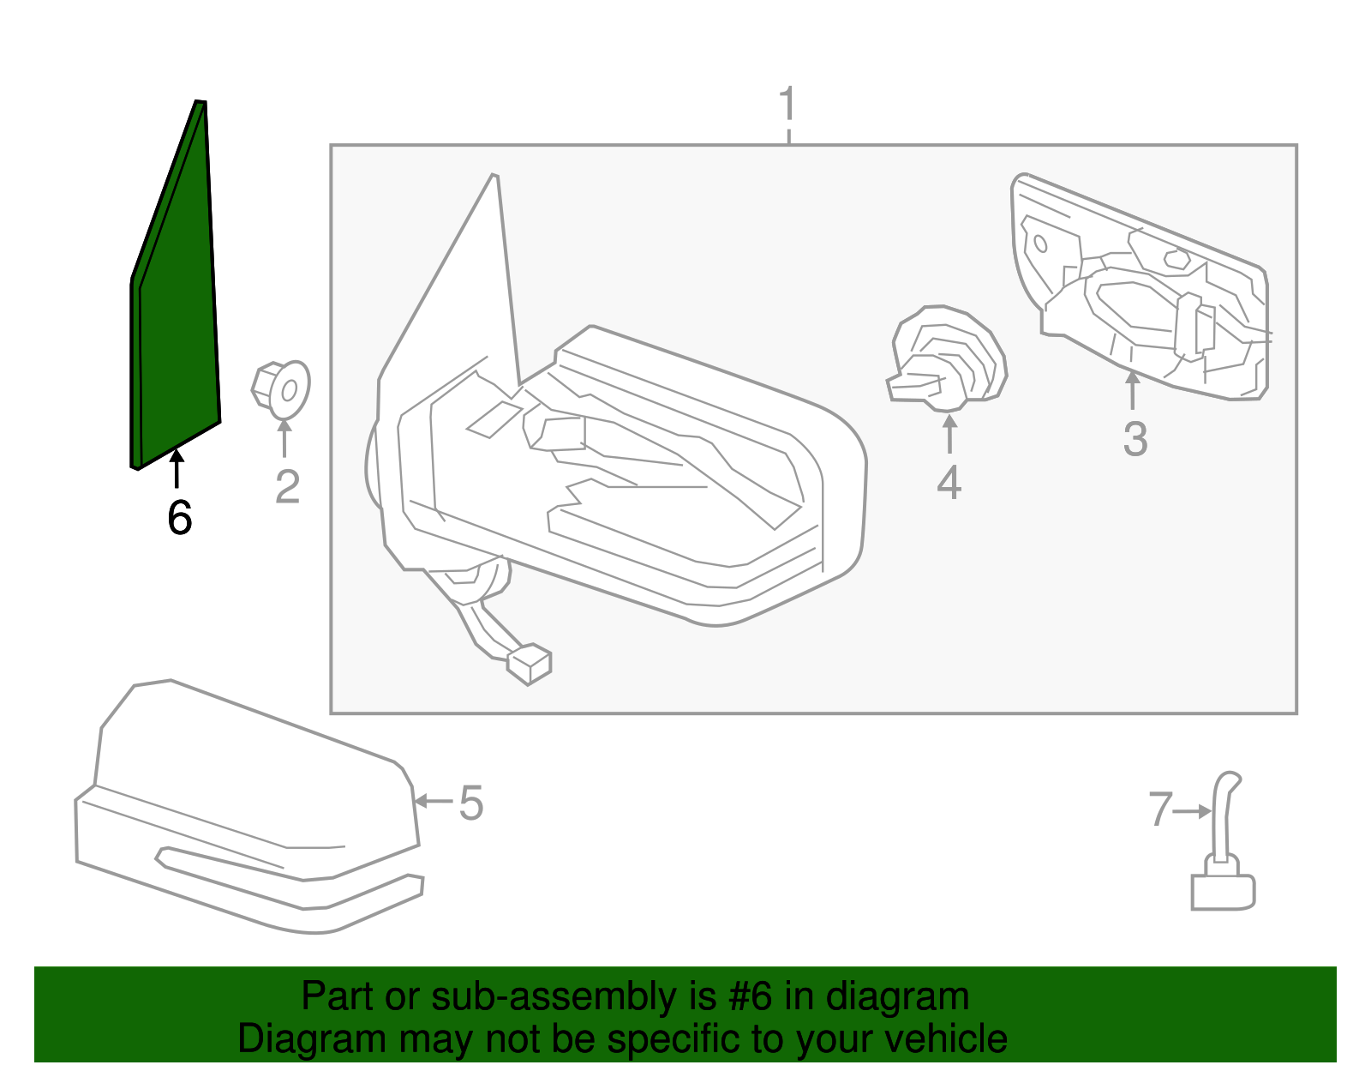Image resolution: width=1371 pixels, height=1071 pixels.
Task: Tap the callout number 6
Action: [x=179, y=517]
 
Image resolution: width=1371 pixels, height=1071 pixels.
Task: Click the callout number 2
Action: [x=287, y=487]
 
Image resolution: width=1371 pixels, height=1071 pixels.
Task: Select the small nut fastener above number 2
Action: [x=281, y=390]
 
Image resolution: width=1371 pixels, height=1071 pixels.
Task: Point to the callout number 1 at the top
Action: [x=787, y=105]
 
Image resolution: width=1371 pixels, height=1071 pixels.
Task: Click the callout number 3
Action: [x=1135, y=439]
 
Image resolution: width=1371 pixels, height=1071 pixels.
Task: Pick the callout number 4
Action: [x=949, y=483]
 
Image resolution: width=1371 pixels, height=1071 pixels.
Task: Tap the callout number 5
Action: [x=471, y=803]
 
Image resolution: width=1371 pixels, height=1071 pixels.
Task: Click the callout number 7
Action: [x=1159, y=809]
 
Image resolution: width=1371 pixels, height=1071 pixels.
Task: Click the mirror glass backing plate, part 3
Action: [x=1140, y=292]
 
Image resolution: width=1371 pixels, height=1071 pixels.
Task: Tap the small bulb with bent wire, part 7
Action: [x=1223, y=857]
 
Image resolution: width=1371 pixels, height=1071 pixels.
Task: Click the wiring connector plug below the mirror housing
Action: [x=529, y=665]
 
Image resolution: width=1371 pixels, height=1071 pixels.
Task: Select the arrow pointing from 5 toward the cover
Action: [x=433, y=802]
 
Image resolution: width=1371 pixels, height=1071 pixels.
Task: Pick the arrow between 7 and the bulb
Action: [x=1192, y=810]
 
